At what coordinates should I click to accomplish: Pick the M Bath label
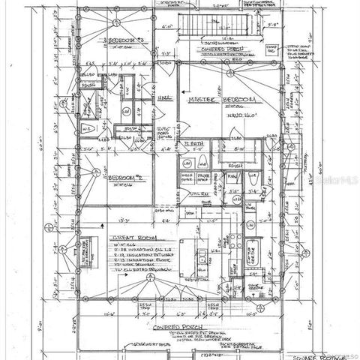pyautogui.click(x=194, y=142)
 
